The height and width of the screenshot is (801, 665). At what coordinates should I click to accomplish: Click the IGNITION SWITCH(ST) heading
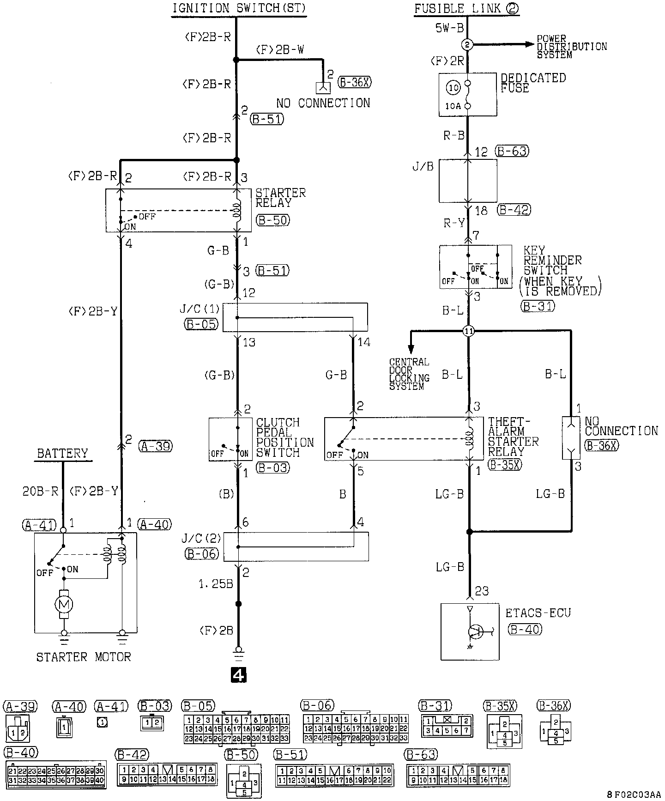[239, 8]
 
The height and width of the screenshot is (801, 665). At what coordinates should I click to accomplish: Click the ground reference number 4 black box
[238, 675]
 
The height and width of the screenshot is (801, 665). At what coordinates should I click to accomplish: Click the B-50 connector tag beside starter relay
[273, 220]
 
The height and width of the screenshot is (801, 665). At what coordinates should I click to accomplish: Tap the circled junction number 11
[468, 331]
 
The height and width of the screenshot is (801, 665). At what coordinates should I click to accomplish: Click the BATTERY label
[62, 453]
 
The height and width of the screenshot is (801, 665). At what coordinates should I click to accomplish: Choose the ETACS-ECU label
[538, 613]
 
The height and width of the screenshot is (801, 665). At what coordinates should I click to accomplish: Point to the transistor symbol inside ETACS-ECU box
[476, 631]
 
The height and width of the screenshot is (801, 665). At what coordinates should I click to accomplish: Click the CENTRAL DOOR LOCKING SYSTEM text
[409, 374]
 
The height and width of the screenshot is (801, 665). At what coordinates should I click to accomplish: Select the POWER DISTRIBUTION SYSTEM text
[572, 47]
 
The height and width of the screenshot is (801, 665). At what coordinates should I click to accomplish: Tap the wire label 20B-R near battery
[41, 491]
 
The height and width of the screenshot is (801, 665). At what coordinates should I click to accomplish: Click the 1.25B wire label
[216, 584]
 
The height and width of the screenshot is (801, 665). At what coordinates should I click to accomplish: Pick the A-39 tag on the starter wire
[155, 446]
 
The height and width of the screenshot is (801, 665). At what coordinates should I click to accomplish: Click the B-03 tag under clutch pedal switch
[273, 467]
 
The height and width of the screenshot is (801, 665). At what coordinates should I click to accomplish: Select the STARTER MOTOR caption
[84, 656]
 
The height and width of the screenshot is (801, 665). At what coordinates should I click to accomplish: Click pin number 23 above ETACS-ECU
[482, 591]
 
